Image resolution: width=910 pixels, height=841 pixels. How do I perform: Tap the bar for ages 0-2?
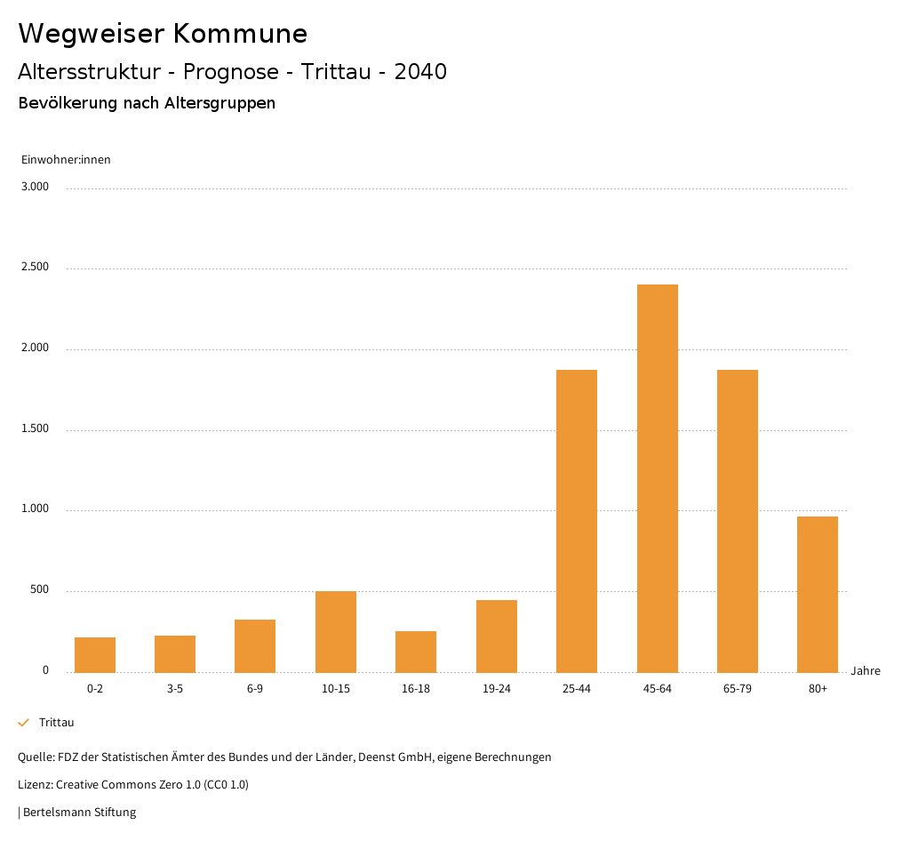(95, 654)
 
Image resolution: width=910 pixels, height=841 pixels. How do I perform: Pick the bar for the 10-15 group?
(336, 631)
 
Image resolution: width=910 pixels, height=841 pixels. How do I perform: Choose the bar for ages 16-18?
(416, 652)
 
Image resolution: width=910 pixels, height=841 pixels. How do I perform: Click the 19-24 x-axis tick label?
(496, 689)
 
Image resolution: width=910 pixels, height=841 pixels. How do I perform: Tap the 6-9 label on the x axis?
(255, 689)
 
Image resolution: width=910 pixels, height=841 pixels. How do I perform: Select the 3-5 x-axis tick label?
(175, 689)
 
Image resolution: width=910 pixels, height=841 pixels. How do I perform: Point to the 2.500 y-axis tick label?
(35, 268)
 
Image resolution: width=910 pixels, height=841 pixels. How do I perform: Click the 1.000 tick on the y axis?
(35, 509)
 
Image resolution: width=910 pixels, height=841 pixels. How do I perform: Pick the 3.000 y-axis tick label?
(35, 187)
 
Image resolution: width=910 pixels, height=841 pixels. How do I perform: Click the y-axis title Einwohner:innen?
(66, 160)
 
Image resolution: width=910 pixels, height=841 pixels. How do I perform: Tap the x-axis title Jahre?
(865, 671)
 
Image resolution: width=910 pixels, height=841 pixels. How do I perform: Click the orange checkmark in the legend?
(24, 723)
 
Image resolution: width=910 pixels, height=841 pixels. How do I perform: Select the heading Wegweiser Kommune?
(163, 34)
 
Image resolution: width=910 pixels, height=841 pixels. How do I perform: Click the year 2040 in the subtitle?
(420, 72)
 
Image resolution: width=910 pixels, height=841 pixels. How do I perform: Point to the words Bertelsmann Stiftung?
(79, 813)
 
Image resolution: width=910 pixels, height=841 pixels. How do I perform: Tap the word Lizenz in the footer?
(35, 785)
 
